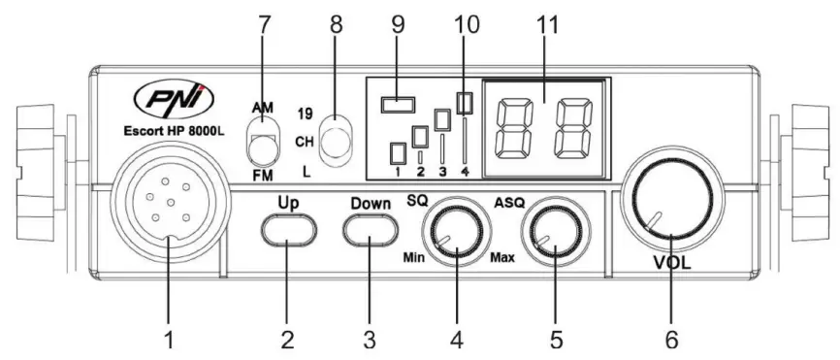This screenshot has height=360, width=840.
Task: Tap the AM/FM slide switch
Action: click(261, 139)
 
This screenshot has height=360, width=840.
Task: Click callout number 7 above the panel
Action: click(261, 25)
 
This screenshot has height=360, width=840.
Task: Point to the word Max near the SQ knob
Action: click(502, 259)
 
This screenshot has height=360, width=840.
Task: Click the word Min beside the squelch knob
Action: click(414, 259)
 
